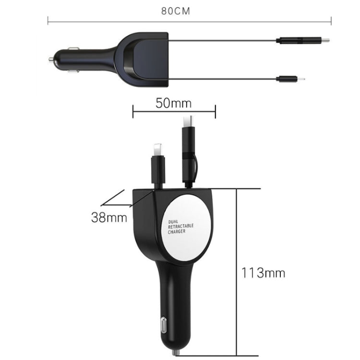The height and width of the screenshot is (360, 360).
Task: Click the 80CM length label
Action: coord(176,11)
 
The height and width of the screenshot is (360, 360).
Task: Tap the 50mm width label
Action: coord(173,103)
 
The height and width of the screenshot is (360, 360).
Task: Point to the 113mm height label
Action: coord(263,273)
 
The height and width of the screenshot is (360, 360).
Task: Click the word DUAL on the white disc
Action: coord(173,222)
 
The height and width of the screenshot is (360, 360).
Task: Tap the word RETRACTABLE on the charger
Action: coord(180,227)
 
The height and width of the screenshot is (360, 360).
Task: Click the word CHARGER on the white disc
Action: coord(177,232)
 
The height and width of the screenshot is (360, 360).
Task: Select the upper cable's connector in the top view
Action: coord(302,41)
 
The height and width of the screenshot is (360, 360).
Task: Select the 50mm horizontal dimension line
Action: coord(173,113)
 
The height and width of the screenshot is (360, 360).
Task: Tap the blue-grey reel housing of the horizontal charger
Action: coord(144,60)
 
